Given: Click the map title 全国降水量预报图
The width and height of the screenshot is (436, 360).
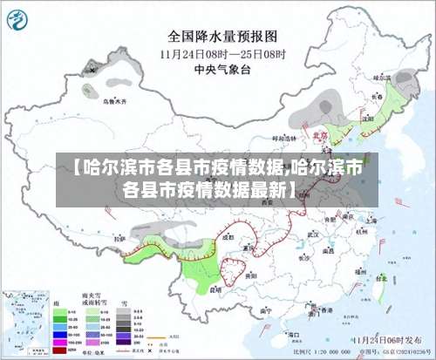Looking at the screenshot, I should (221, 37).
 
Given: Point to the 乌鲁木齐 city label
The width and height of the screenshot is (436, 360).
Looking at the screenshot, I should (113, 101).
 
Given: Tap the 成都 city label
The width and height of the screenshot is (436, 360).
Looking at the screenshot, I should (228, 236).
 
